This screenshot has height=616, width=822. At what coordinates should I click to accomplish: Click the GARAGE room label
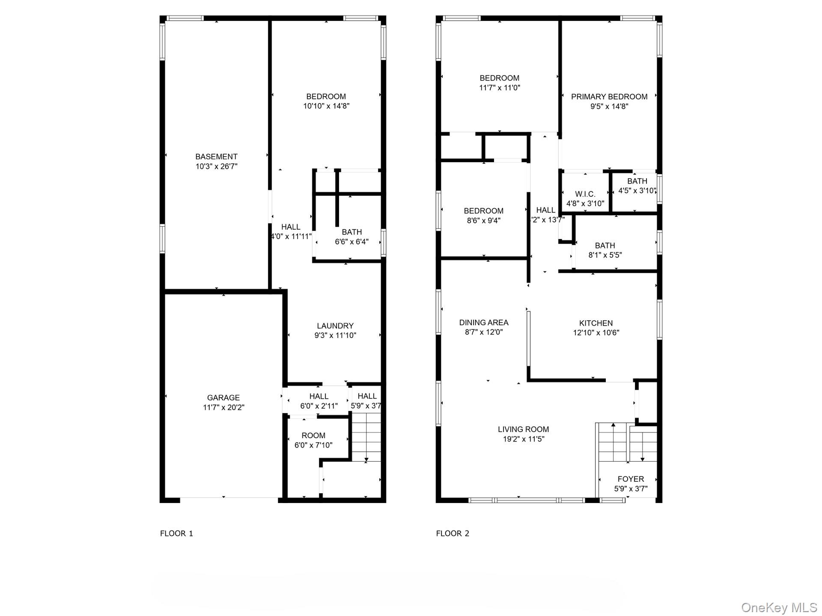click(x=223, y=397)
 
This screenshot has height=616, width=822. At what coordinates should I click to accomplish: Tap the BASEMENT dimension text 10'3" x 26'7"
click(x=216, y=166)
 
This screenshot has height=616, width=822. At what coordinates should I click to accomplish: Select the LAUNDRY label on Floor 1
click(x=335, y=326)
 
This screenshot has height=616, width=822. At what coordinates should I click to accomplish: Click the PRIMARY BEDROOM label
click(x=609, y=97)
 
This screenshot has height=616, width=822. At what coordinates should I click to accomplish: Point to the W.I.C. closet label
click(x=585, y=194)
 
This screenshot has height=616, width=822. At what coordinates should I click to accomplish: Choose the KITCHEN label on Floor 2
click(x=596, y=323)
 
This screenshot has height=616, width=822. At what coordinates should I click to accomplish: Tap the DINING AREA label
click(x=484, y=323)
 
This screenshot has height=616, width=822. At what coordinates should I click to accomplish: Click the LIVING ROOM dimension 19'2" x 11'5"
click(x=523, y=439)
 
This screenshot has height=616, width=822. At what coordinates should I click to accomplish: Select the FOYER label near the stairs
click(x=631, y=479)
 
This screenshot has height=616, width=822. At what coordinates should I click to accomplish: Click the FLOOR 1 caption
click(x=176, y=533)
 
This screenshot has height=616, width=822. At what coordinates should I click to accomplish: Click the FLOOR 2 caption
click(x=453, y=533)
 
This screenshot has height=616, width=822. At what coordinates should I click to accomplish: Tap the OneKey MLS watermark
click(x=779, y=607)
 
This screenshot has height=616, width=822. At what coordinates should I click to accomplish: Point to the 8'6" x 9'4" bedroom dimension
click(x=483, y=221)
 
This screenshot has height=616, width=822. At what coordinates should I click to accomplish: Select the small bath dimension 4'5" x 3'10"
click(x=637, y=191)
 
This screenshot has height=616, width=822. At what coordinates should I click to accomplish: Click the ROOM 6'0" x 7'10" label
click(x=313, y=435)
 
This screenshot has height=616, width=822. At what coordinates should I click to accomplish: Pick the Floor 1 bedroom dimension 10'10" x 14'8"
click(x=326, y=106)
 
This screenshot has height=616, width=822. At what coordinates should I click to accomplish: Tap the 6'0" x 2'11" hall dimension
click(x=319, y=406)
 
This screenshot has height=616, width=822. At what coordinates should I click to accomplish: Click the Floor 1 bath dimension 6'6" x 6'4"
click(x=351, y=242)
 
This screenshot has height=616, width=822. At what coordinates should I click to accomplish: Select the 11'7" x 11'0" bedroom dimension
click(x=500, y=88)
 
